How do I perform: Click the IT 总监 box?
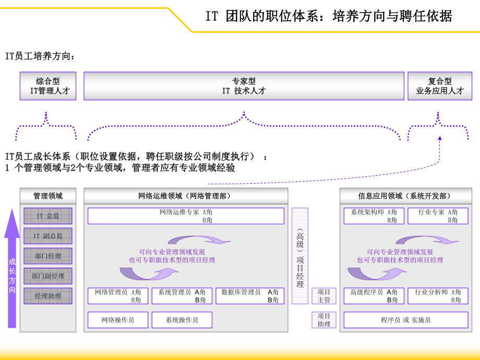click(x=48, y=216)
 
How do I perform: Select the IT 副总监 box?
click(x=48, y=236)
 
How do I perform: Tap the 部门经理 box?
click(x=48, y=256)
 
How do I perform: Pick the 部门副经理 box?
click(x=48, y=276)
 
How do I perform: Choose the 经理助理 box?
click(x=48, y=296)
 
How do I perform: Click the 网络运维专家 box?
click(x=186, y=216)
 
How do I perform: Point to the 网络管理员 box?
click(x=118, y=296)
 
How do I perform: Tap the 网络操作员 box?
click(x=118, y=320)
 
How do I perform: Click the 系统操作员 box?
click(x=182, y=320)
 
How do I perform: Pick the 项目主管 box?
click(x=324, y=296)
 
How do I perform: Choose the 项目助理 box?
click(x=324, y=320)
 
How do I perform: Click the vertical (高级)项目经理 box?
click(x=300, y=256)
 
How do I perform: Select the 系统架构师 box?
click(x=374, y=216)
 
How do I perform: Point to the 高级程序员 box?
click(x=374, y=296)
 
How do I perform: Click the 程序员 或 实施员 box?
click(x=406, y=320)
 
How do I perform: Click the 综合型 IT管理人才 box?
click(x=48, y=86)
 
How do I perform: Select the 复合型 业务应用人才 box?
click(x=440, y=86)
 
